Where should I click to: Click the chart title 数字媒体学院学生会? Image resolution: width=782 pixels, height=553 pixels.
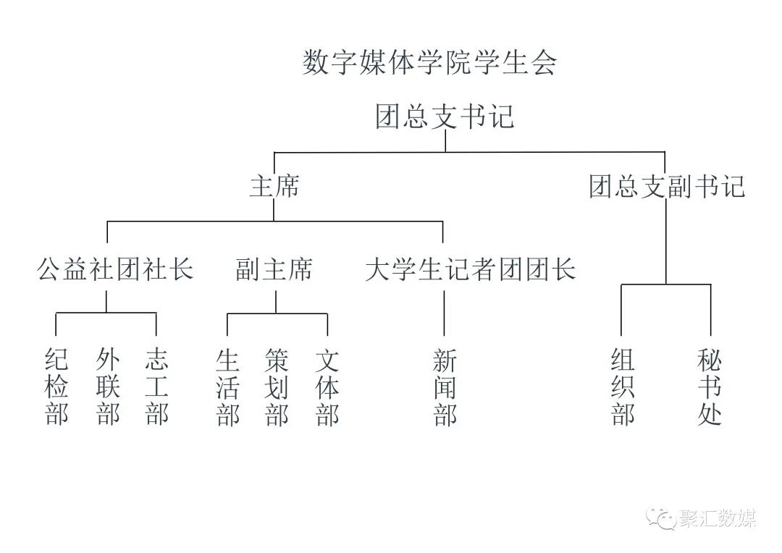click(429, 63)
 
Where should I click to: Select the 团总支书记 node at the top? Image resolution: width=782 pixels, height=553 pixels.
click(445, 117)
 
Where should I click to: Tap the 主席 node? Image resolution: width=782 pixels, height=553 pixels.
click(274, 187)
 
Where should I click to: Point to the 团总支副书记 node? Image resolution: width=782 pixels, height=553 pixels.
click(666, 187)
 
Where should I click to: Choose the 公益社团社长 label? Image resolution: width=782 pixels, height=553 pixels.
click(115, 270)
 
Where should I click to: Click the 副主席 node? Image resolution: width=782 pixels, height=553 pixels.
click(274, 270)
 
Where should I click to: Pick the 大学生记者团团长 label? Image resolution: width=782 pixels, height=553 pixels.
click(470, 270)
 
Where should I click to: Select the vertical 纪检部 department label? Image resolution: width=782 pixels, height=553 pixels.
click(56, 387)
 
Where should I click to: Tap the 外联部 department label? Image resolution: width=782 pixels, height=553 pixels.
click(107, 387)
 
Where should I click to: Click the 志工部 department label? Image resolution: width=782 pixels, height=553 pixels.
click(156, 387)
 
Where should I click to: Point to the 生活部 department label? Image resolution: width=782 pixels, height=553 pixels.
click(227, 387)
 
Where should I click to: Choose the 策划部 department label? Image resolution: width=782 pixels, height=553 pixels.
click(277, 387)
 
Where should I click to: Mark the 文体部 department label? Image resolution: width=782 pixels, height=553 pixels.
click(327, 387)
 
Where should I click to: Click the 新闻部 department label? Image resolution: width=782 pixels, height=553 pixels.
click(445, 387)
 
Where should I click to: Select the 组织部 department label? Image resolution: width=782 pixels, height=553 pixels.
click(623, 387)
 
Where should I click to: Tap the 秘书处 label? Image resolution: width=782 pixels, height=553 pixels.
click(710, 387)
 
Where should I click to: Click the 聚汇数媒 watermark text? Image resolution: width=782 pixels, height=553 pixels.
click(718, 519)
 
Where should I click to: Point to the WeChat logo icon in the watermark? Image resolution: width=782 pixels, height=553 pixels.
click(662, 518)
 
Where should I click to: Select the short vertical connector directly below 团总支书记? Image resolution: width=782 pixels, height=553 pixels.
click(445, 141)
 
